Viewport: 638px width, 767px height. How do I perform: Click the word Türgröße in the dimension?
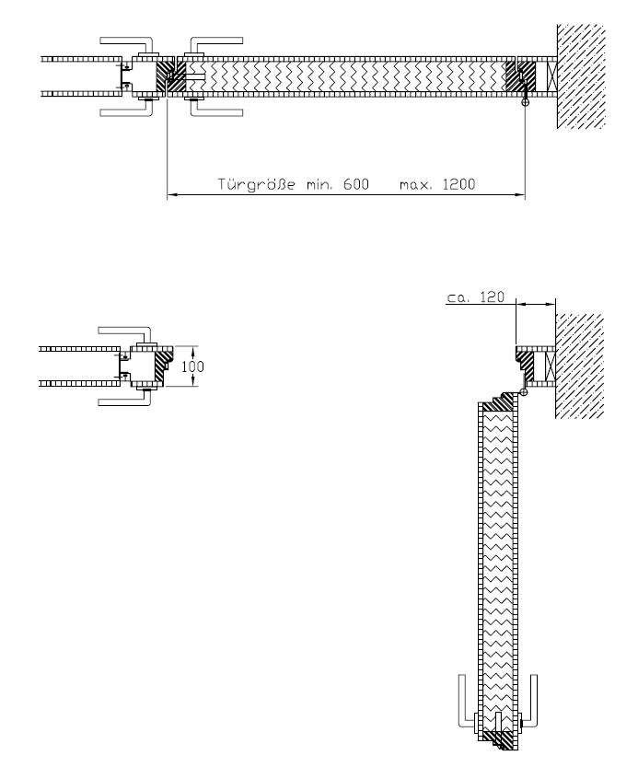tap(256, 184)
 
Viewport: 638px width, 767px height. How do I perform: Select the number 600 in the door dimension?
tap(355, 184)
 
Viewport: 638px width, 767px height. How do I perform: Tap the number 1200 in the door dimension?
tap(458, 184)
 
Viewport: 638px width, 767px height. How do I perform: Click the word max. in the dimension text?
tap(413, 185)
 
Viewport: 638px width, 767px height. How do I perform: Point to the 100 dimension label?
tap(192, 366)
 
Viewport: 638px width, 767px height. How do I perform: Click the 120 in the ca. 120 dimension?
tap(492, 296)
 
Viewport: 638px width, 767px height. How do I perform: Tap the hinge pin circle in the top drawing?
tap(526, 103)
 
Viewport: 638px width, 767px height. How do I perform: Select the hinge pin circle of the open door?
tap(524, 392)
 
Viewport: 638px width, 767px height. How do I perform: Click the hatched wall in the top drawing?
tap(581, 76)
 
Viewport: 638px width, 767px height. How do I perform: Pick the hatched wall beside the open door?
tap(580, 366)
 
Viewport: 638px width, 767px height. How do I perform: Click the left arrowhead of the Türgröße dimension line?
tap(170, 195)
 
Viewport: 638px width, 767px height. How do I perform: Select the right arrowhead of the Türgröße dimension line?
tap(522, 195)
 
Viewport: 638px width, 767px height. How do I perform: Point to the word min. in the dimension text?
tap(319, 185)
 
